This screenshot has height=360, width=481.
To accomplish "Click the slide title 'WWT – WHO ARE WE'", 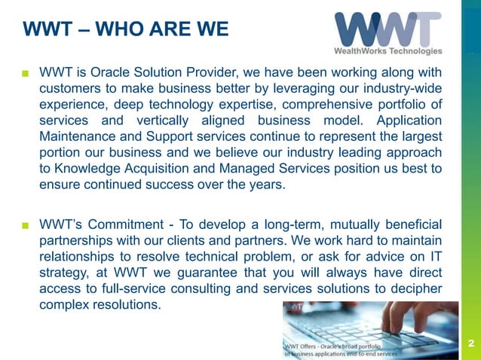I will (125, 31).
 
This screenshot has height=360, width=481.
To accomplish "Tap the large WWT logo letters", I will (388, 28).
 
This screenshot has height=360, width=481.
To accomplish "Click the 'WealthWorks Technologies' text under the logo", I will (388, 51).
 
